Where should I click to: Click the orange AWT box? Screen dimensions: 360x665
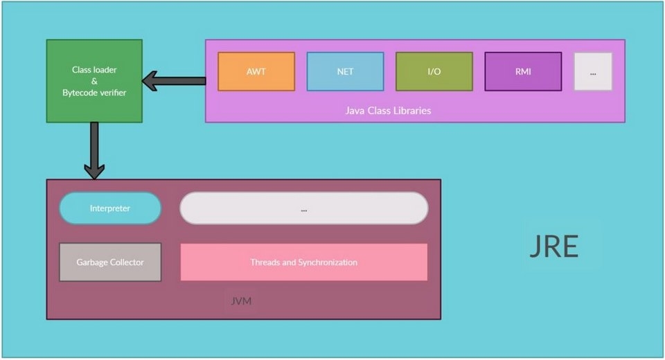256,71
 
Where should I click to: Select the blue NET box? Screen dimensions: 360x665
345,71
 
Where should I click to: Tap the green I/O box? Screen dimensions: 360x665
434,71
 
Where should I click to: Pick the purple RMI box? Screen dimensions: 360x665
523,71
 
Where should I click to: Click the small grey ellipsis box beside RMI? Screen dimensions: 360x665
593,71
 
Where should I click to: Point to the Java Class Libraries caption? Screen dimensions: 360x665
388,111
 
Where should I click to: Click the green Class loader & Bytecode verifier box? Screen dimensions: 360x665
94,81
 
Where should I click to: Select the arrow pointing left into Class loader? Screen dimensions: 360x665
175,81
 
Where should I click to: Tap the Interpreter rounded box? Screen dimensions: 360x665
110,208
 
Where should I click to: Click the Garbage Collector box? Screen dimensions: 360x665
110,262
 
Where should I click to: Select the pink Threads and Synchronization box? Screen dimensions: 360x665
303,262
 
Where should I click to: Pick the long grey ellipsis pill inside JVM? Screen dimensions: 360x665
303,208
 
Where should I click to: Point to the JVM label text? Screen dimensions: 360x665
240,302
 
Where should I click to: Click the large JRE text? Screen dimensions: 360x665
553,246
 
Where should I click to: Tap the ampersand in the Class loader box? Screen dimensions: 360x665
94,81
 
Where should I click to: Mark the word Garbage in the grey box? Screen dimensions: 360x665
91,262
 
